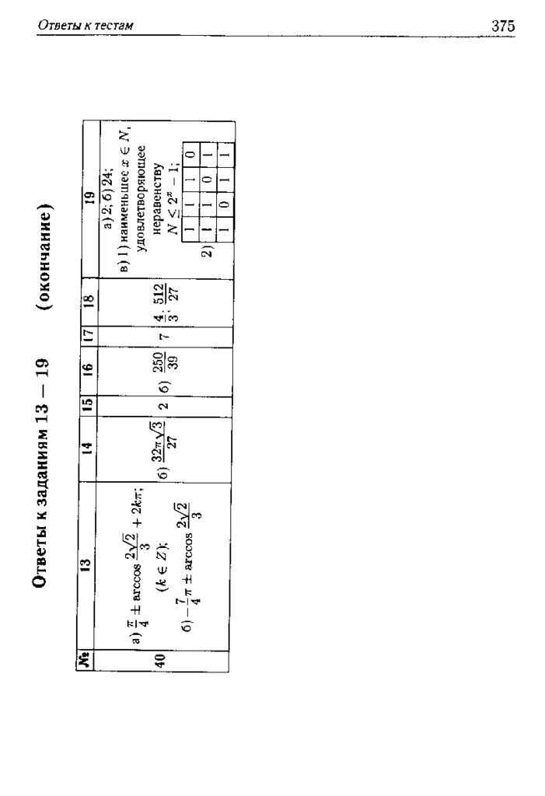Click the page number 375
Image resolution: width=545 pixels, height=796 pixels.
coord(503,26)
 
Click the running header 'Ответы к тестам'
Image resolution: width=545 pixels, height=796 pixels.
coord(86,26)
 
